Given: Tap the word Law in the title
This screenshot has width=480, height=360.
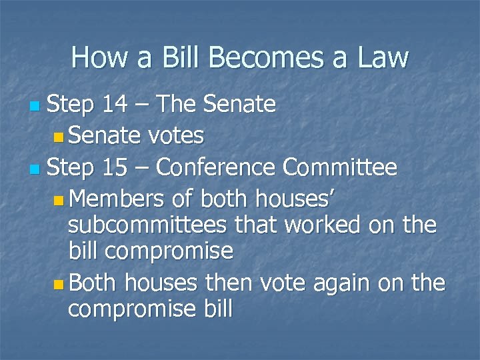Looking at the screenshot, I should pos(381,58).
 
